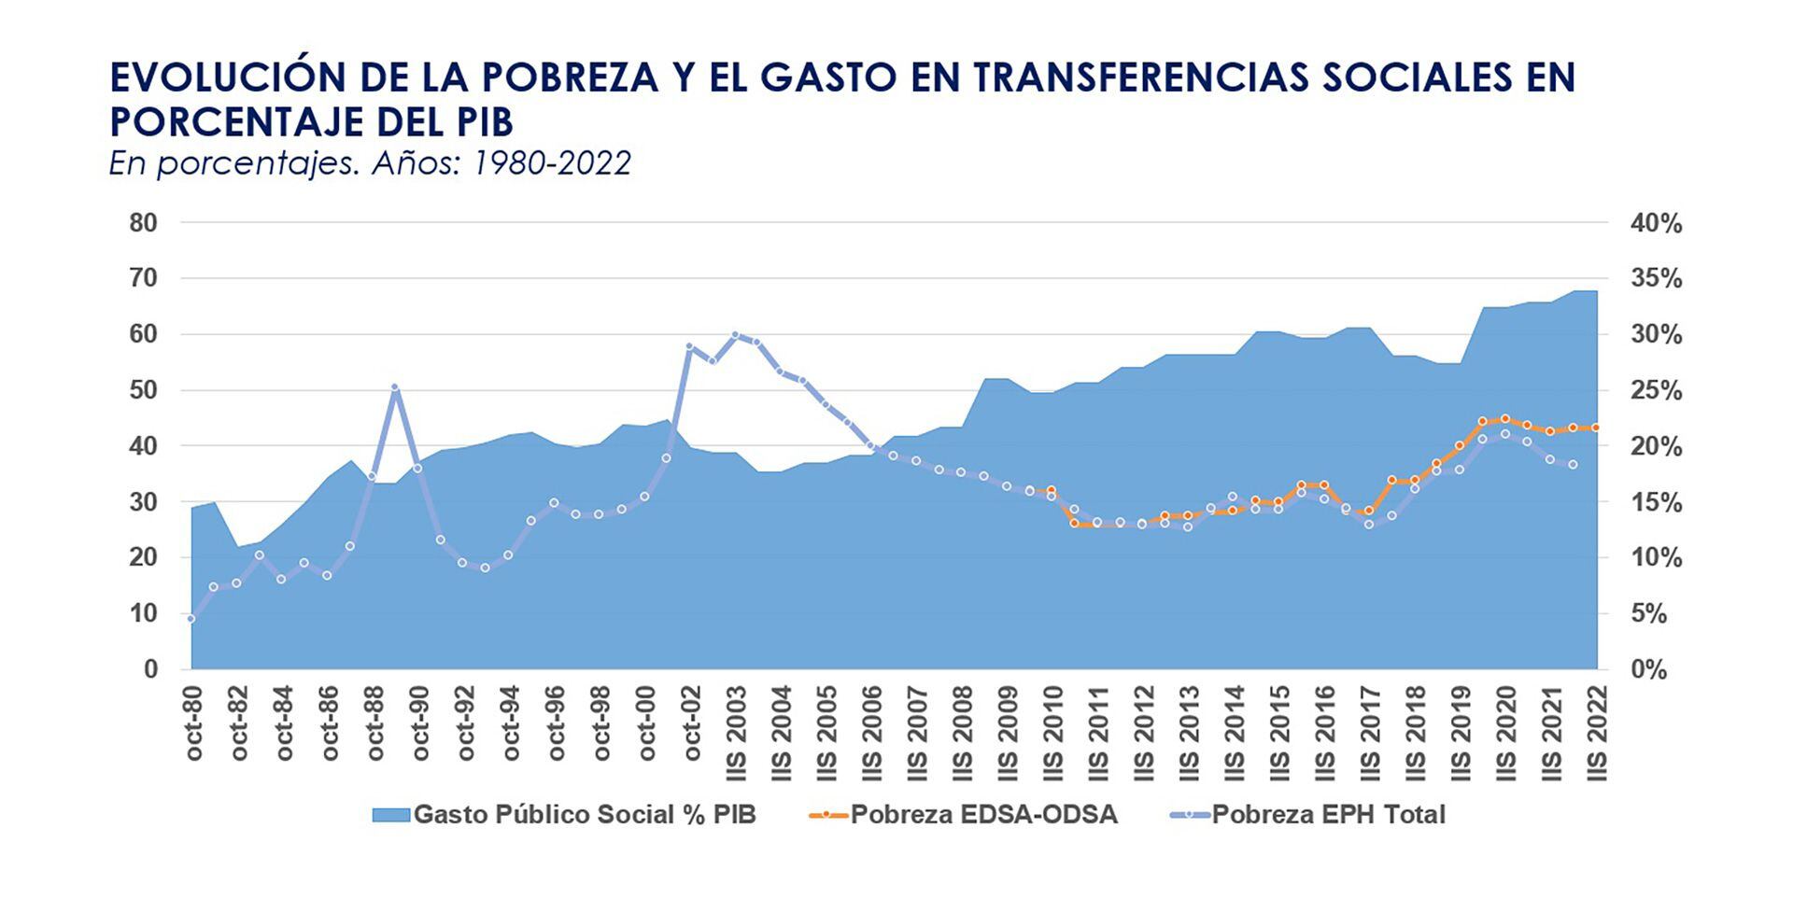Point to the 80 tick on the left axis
pos(144,223)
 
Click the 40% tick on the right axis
pos(1656,224)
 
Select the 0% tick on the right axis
pos(1649,670)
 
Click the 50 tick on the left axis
pos(144,390)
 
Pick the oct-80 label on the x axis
pos(193,723)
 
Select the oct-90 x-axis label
pos(420,723)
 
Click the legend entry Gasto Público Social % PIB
pos(584,815)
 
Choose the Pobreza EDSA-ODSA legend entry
pos(982,815)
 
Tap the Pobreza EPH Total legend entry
pos(1327,815)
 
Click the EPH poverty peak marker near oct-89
pos(395,387)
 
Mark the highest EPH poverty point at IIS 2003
pos(736,335)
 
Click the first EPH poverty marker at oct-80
pos(191,619)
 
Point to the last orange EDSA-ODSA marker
pos(1595,428)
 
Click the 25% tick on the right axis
pos(1656,391)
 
